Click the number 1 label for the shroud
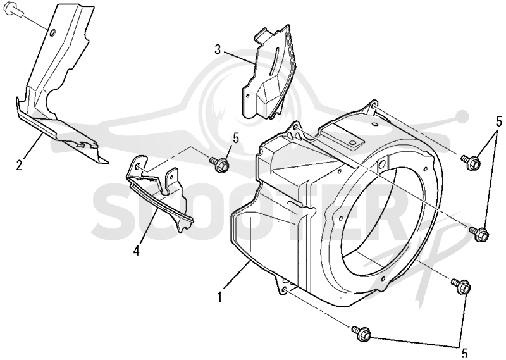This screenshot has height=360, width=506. [219, 296]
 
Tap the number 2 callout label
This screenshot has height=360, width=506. [20, 165]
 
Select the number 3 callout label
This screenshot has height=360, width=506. [218, 50]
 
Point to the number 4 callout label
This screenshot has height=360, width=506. [137, 250]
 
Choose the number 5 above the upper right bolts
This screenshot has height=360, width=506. [498, 121]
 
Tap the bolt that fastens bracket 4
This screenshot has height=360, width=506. [219, 163]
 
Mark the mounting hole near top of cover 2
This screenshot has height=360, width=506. [53, 32]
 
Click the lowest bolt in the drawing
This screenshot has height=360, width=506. [361, 333]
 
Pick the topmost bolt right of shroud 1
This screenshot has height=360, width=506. [471, 161]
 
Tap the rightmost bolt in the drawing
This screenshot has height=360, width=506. [479, 233]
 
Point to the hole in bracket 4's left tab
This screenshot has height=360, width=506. [139, 166]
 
